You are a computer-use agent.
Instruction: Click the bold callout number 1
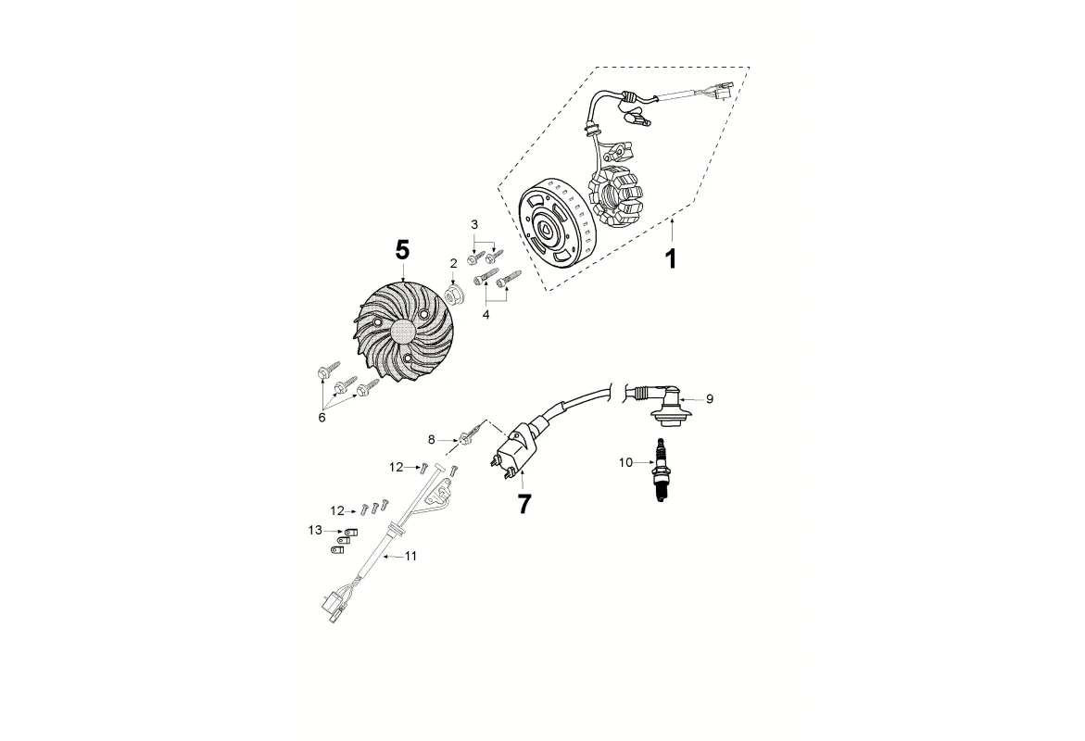coord(670,258)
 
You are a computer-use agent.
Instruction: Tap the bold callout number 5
coord(403,250)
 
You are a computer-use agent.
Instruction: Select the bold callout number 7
coord(524,505)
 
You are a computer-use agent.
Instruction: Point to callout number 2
coord(454,263)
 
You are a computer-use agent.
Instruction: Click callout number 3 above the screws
coord(474,224)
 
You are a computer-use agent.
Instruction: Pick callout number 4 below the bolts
coord(486,314)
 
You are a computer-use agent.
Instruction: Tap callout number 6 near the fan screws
coord(322,417)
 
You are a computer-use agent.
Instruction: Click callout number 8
coord(431,439)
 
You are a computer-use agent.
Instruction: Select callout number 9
coord(709,399)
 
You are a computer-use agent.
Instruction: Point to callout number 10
coord(625,462)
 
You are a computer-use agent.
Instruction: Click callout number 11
coord(411,556)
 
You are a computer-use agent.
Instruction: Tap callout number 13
coord(315,530)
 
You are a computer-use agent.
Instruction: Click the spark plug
coord(660,471)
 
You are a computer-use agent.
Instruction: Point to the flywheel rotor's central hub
coord(546,231)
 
